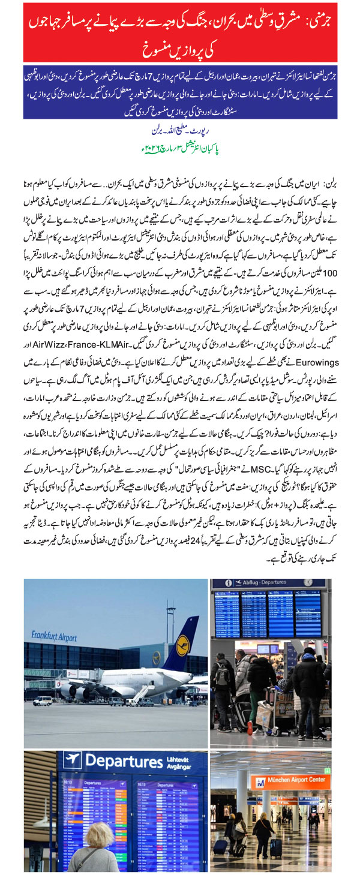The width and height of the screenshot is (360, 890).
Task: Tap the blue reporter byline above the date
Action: (180, 130)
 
